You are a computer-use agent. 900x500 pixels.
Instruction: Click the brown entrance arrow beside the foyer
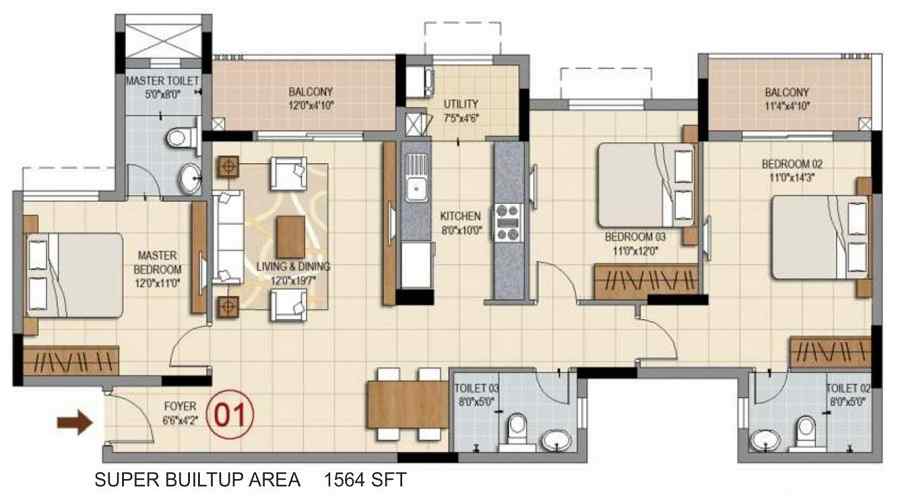(75, 423)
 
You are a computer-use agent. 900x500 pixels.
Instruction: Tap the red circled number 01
(230, 414)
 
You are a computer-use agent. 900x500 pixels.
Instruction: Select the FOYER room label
(180, 406)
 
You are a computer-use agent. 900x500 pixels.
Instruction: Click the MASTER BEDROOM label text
(157, 262)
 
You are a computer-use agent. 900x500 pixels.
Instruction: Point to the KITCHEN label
(460, 216)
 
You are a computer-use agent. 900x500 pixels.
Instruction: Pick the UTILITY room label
(461, 104)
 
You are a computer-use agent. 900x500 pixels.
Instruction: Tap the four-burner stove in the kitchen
(508, 222)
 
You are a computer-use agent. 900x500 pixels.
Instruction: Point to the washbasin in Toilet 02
(765, 440)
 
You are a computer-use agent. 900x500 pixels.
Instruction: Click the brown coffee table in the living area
(291, 237)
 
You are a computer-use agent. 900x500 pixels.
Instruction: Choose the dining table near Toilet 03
(408, 405)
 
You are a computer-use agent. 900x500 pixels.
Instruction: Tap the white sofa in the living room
(228, 238)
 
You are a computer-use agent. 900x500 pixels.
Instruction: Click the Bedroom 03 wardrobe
(646, 281)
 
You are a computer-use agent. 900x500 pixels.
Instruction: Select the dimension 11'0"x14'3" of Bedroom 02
(792, 177)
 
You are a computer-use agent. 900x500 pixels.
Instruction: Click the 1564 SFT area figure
(365, 479)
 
